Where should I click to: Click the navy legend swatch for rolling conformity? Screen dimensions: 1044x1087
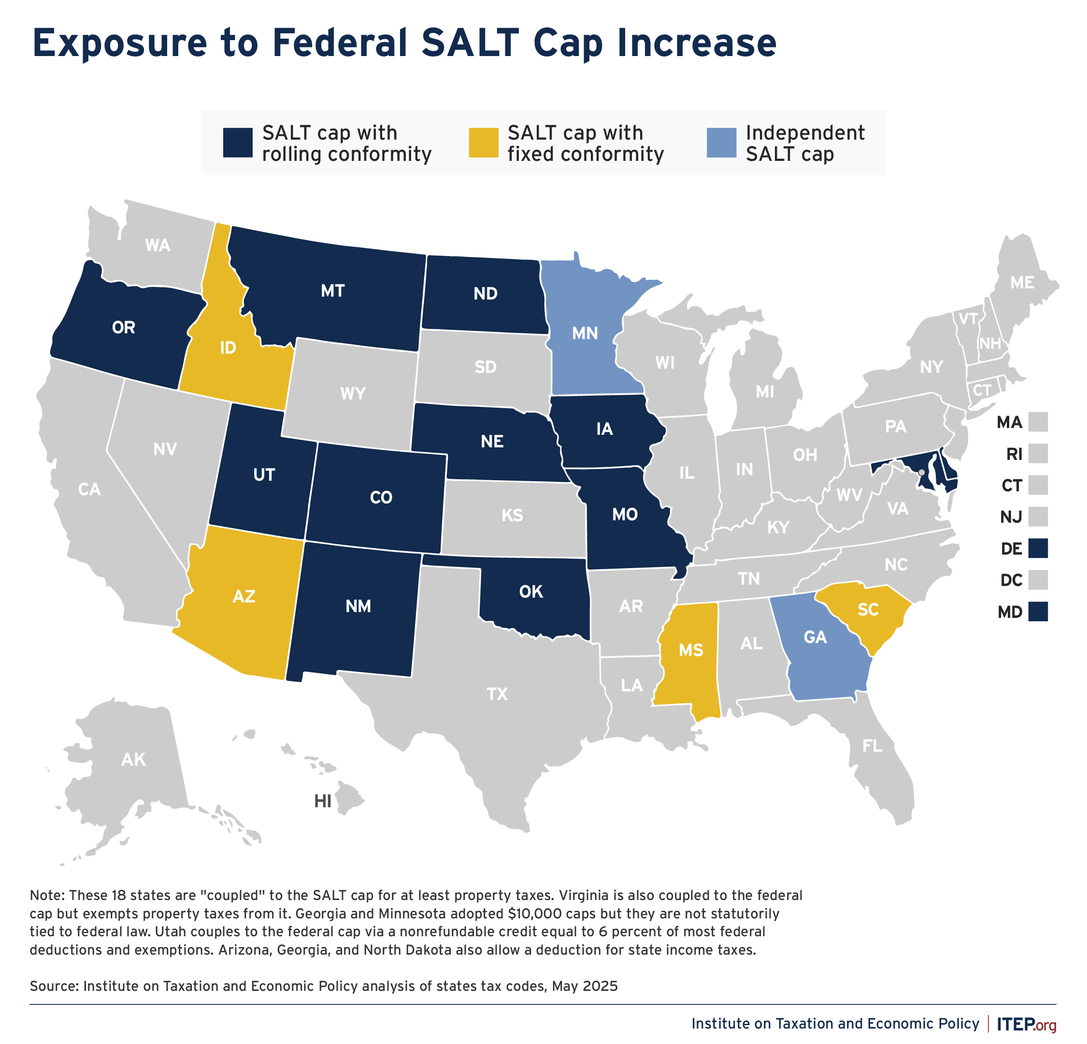238,143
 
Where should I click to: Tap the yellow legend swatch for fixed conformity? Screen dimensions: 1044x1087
483,143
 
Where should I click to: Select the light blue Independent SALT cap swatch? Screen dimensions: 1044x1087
721,143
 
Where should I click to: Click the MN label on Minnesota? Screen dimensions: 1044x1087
585,333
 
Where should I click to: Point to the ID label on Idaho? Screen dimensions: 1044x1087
228,348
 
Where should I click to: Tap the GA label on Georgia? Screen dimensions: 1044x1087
815,637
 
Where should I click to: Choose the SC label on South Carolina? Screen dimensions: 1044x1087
868,610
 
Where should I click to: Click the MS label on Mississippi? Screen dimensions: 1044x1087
691,650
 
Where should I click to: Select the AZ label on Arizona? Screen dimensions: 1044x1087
244,596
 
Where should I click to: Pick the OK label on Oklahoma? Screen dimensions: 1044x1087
531,592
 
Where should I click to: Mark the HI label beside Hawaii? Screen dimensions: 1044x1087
323,801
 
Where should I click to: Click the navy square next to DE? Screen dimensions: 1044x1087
1038,549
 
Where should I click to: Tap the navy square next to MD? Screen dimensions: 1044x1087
1038,612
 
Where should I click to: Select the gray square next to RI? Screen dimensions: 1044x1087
1038,454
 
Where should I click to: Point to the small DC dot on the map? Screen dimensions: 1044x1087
921,472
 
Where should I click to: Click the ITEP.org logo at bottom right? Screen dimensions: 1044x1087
1026,1024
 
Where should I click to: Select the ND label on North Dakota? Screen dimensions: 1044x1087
485,293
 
